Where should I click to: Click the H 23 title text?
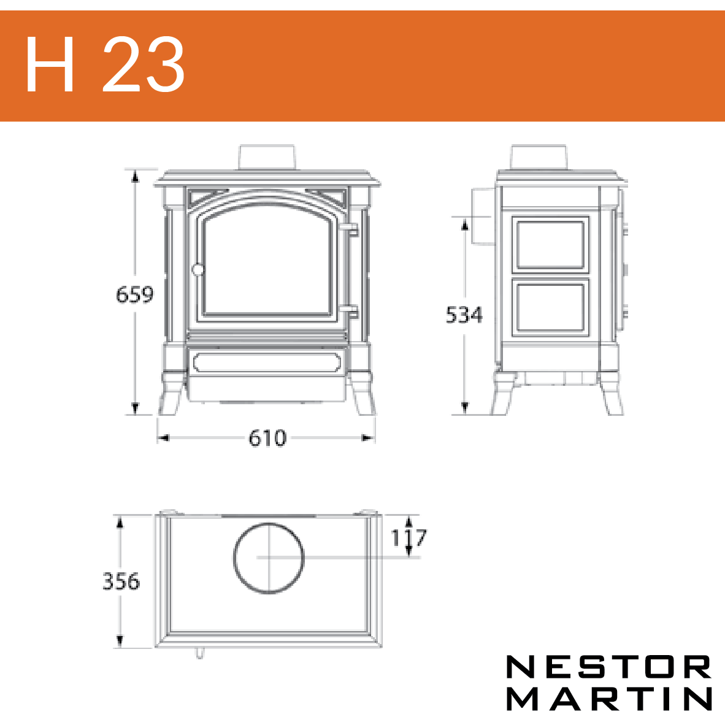click(105, 64)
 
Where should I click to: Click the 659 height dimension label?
click(134, 294)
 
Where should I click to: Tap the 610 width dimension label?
click(267, 438)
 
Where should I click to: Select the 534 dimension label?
click(464, 315)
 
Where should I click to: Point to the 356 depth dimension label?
click(121, 581)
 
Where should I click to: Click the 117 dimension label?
click(409, 537)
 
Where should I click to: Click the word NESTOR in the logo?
click(609, 667)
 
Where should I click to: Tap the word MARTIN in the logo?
click(609, 698)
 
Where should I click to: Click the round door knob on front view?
click(198, 269)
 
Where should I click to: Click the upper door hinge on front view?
click(351, 230)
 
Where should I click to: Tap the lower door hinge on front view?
click(351, 313)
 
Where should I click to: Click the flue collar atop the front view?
click(266, 158)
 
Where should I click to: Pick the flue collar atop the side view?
click(539, 158)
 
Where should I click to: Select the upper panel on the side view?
click(550, 245)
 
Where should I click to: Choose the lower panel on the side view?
click(550, 307)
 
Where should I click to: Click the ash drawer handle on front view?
click(267, 362)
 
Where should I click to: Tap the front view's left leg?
click(172, 394)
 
